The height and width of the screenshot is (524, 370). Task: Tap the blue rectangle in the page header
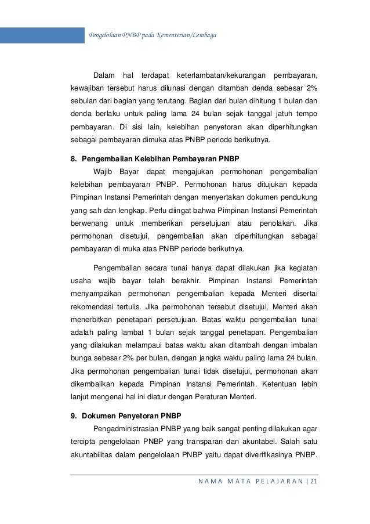42,35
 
